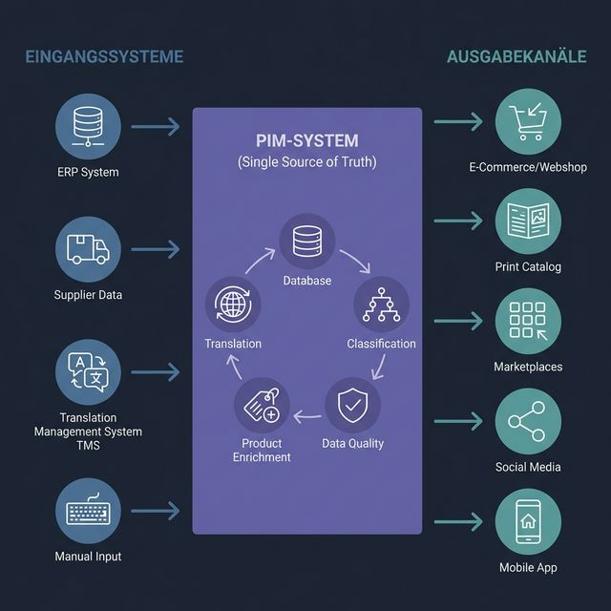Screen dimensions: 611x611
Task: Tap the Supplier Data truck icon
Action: [88, 249]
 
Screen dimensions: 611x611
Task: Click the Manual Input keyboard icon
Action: [88, 512]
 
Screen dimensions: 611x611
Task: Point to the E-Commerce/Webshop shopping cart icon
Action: [528, 123]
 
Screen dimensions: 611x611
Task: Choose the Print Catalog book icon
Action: [528, 221]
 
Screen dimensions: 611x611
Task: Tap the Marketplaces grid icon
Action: [528, 322]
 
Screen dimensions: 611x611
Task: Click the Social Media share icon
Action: [528, 421]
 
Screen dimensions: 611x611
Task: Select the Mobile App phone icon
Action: [528, 521]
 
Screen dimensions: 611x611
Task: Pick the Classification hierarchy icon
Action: [381, 305]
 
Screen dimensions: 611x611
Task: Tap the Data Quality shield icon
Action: [352, 406]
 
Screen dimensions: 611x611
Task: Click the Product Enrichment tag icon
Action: [262, 405]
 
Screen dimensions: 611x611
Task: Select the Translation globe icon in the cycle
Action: [233, 305]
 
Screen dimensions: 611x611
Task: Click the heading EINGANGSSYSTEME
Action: [104, 57]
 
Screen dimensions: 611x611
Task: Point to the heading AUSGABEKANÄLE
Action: [516, 57]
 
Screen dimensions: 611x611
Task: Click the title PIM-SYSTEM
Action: [306, 140]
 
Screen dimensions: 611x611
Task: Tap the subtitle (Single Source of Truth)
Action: [306, 162]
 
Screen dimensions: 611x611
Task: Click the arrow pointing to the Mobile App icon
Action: [458, 522]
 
